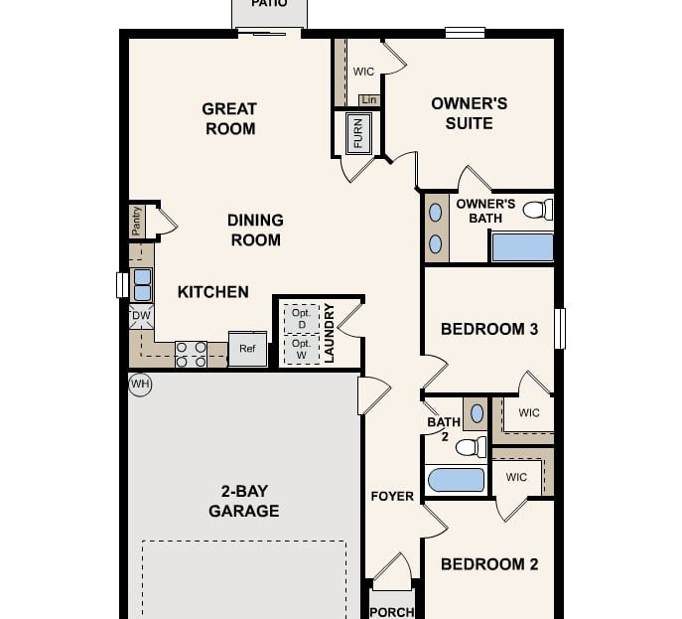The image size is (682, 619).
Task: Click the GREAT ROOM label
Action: (229, 118)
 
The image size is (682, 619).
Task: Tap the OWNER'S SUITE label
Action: (469, 113)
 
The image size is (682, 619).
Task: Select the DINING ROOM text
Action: (255, 230)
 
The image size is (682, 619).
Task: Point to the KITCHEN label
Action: (212, 292)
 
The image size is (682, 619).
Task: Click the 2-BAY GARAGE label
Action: (243, 501)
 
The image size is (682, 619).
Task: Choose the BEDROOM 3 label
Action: (489, 329)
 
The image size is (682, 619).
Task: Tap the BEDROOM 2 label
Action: (489, 564)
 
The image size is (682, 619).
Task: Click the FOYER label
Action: (392, 497)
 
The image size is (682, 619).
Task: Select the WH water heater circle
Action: (140, 384)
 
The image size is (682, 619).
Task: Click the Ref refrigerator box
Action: (247, 349)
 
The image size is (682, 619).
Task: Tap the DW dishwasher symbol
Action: (141, 316)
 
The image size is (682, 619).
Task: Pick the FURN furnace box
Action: (358, 132)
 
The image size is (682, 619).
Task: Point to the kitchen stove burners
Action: (192, 354)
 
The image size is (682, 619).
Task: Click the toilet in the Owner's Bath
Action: (537, 210)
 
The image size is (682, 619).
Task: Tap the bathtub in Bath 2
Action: (456, 481)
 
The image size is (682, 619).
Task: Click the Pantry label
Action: (137, 221)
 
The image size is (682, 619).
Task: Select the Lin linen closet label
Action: (368, 99)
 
